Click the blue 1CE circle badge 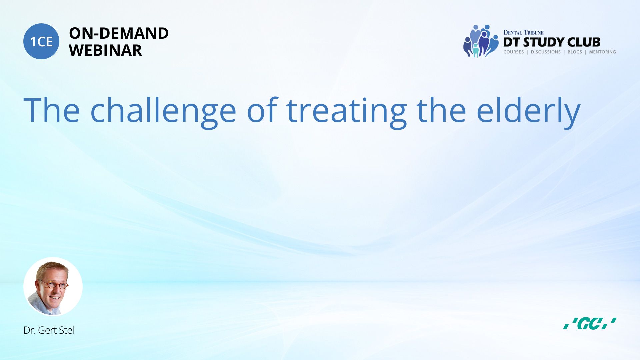click(41, 41)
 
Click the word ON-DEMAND click(119, 33)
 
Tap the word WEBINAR click(105, 50)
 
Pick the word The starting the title click(52, 110)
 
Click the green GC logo click(590, 323)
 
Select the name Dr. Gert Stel click(49, 330)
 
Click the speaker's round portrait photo click(53, 287)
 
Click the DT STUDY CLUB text click(552, 42)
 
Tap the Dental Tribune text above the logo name click(523, 33)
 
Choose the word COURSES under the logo click(514, 52)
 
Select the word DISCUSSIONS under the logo click(546, 52)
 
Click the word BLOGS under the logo click(575, 52)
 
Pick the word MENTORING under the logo click(602, 52)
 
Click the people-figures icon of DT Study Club click(481, 41)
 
